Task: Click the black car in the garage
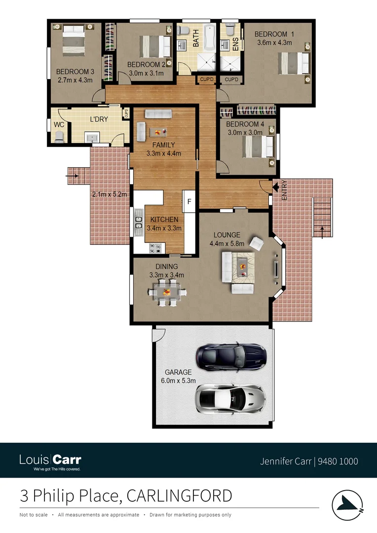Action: click(x=231, y=356)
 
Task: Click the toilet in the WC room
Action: click(x=59, y=136)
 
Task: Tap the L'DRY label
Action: click(x=98, y=119)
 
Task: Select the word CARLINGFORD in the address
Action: click(x=179, y=495)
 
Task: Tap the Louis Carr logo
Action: click(x=50, y=461)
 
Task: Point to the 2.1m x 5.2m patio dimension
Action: click(x=110, y=194)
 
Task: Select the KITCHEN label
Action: click(x=164, y=220)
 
